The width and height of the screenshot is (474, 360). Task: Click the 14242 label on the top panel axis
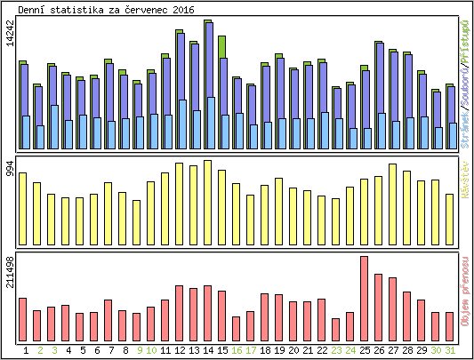click(9, 44)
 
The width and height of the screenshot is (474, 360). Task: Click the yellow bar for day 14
click(208, 201)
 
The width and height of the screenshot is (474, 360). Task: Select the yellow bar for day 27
click(393, 203)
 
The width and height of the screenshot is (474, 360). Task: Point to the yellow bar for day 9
click(137, 220)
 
